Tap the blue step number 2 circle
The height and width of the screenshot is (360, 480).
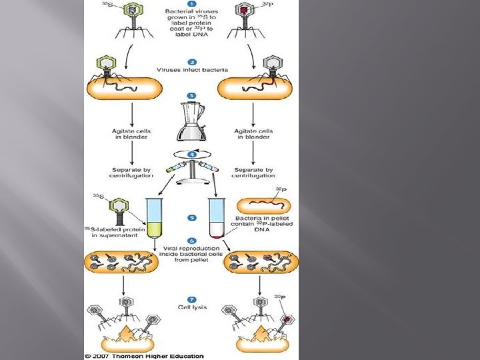tap(191, 61)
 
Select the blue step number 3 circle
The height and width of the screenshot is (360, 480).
tap(191, 95)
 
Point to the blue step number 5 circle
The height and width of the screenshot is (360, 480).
tap(191, 217)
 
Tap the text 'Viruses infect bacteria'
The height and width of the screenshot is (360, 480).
tap(191, 69)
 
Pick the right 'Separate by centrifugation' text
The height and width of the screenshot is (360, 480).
tap(254, 173)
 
